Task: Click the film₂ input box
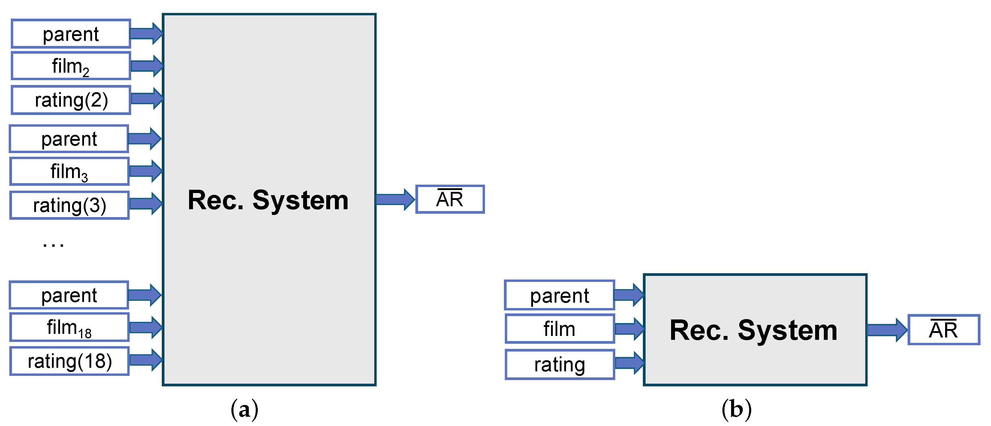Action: pyautogui.click(x=71, y=66)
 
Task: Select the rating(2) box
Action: pyautogui.click(x=71, y=100)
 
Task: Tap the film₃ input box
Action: pyautogui.click(x=69, y=171)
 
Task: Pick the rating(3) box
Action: pyautogui.click(x=69, y=205)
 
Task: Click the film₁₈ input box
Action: pyautogui.click(x=69, y=328)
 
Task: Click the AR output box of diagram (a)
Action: pyautogui.click(x=450, y=199)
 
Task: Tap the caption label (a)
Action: pyautogui.click(x=244, y=409)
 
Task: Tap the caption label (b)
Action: pyautogui.click(x=736, y=409)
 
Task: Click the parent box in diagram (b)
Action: pyautogui.click(x=559, y=295)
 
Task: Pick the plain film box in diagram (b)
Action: pyautogui.click(x=559, y=329)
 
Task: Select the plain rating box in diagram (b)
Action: pyautogui.click(x=559, y=364)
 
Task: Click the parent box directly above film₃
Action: pyautogui.click(x=69, y=138)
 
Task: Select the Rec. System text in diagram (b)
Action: pyautogui.click(x=753, y=330)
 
